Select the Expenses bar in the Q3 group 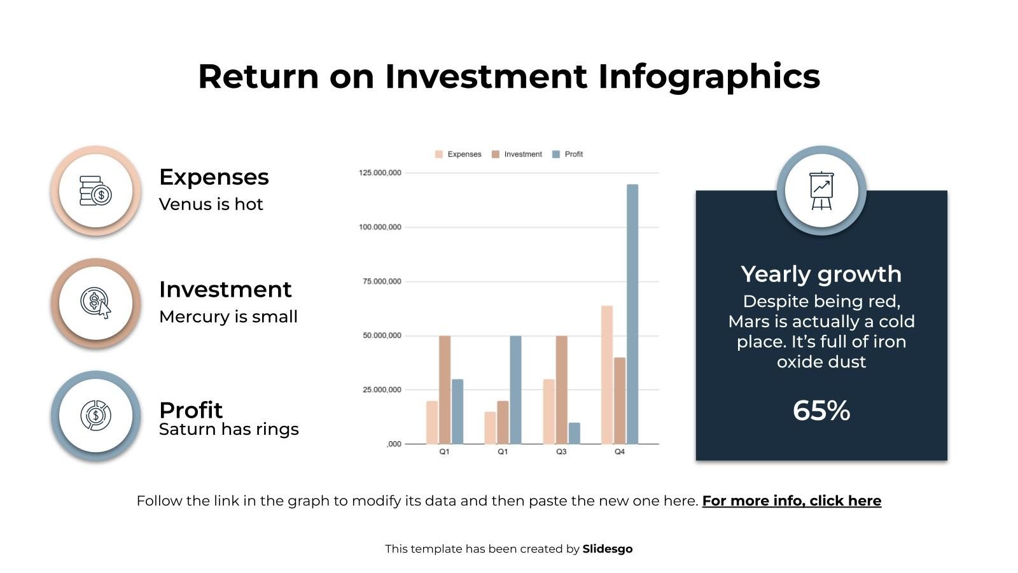(x=548, y=411)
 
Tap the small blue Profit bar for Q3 (x=574, y=433)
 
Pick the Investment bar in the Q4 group (x=619, y=400)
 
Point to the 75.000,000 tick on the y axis (x=382, y=281)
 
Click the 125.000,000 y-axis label (x=380, y=173)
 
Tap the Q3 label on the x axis (x=561, y=451)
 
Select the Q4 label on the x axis (x=620, y=451)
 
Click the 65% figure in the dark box (x=821, y=411)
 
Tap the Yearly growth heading (x=821, y=274)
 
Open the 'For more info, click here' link (x=791, y=501)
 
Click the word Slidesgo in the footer (x=607, y=549)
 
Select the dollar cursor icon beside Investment (x=95, y=302)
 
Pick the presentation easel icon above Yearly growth (x=821, y=190)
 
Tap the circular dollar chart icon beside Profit (x=95, y=415)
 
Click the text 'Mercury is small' (x=228, y=316)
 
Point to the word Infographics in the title (x=709, y=76)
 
